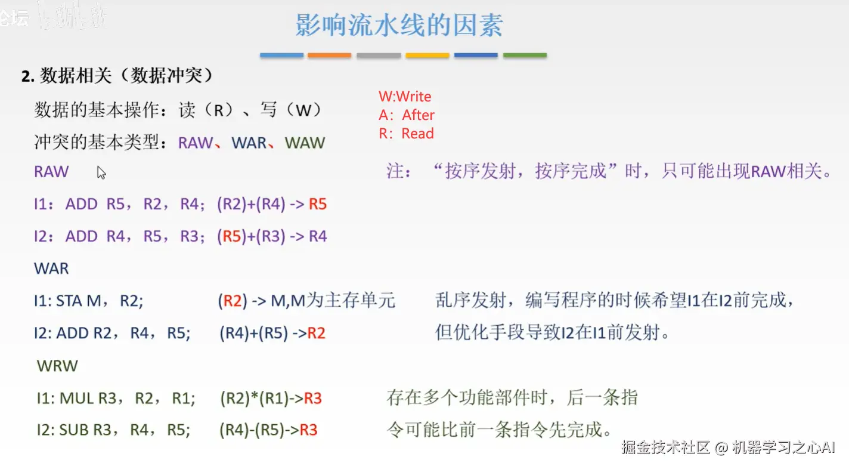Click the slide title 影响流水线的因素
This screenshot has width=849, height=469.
tap(399, 25)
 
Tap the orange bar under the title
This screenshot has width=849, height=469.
tap(329, 55)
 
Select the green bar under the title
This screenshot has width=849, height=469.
tap(525, 55)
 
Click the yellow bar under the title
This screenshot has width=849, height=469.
tap(427, 55)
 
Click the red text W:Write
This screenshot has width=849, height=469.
tap(405, 97)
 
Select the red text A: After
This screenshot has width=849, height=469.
tap(407, 115)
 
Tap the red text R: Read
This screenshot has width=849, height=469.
tap(406, 134)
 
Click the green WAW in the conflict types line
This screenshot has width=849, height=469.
tap(305, 143)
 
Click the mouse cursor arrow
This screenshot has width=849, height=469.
tap(101, 172)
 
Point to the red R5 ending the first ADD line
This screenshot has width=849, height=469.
tap(318, 205)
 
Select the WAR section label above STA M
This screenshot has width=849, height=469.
tap(51, 269)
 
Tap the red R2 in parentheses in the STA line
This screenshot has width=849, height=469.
tap(232, 301)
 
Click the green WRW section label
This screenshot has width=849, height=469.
tap(57, 366)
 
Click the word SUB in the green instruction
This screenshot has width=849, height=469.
tap(74, 430)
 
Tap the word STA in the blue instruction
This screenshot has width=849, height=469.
tap(69, 301)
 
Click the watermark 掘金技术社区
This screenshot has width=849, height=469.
tap(665, 448)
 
